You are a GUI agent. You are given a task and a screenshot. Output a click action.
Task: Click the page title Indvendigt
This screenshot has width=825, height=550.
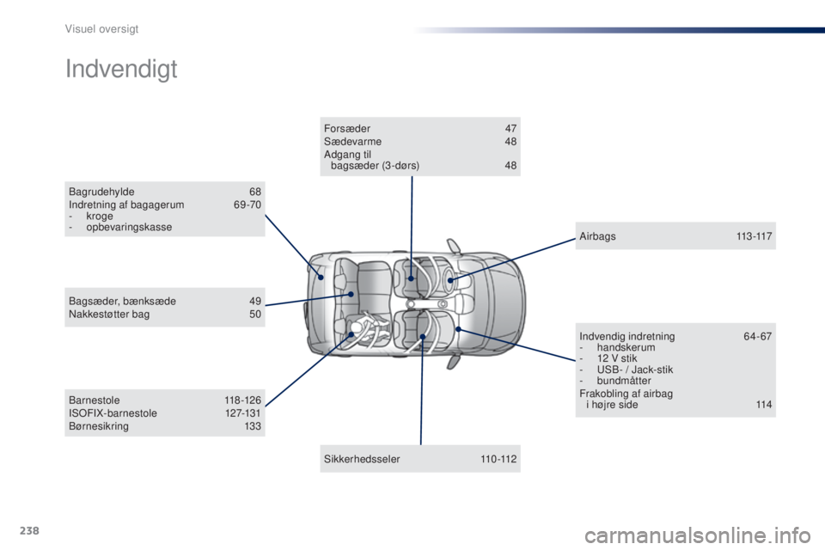click(x=121, y=70)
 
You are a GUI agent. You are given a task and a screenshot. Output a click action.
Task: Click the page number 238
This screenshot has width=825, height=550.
click(x=29, y=530)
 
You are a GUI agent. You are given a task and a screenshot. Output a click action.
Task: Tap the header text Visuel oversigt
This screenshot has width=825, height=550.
click(x=101, y=29)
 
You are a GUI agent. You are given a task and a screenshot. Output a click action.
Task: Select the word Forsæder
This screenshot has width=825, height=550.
click(x=347, y=128)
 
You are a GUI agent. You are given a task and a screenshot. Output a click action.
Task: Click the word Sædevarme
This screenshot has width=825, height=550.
click(x=352, y=142)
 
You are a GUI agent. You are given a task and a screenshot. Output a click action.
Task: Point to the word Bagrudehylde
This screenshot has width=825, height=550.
click(x=101, y=192)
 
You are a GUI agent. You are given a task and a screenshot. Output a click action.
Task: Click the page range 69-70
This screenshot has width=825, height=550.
click(x=247, y=205)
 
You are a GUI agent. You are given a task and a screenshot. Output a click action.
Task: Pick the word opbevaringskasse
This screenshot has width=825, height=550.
click(x=129, y=228)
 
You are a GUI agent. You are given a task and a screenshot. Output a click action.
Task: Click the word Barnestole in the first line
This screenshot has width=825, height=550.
click(x=95, y=400)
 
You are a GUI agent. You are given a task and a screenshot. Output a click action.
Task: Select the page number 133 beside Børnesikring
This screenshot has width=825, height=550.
click(x=253, y=426)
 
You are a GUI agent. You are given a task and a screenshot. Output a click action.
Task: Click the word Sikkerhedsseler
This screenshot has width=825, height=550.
click(x=362, y=459)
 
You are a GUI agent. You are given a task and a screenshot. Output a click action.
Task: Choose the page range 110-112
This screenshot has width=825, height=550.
click(x=498, y=459)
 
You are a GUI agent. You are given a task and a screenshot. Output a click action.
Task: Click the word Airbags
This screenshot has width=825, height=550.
click(x=598, y=236)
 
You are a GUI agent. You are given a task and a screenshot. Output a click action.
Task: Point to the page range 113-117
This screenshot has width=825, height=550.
click(x=754, y=236)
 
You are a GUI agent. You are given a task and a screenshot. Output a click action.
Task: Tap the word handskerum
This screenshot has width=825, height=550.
click(x=626, y=347)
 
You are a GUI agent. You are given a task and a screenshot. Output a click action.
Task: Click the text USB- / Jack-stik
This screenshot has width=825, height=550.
click(x=635, y=370)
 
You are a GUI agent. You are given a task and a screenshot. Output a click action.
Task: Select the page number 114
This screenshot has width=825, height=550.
click(x=764, y=405)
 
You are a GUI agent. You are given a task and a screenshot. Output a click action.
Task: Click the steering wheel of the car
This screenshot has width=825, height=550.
click(x=449, y=278)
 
